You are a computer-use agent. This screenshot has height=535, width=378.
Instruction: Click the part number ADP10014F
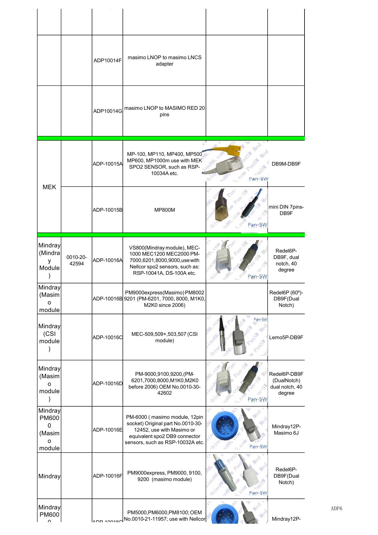point(107,60)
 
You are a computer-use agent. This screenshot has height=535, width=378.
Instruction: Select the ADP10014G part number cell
point(107,111)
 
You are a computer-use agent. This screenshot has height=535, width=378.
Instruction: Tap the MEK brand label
point(49,187)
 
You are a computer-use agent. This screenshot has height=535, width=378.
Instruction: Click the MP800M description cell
point(164,210)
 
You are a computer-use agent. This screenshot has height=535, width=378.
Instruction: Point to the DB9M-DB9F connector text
point(286,164)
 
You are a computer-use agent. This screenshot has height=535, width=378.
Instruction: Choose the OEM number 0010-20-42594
point(77,260)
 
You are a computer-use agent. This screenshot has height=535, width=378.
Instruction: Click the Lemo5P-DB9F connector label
point(286,337)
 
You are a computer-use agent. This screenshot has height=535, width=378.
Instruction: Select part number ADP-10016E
point(107,430)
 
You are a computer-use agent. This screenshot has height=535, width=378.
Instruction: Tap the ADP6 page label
point(336,508)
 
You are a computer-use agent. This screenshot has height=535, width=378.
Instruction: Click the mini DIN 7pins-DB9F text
point(286,210)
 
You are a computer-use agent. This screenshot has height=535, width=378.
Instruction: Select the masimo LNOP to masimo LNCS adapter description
point(164,60)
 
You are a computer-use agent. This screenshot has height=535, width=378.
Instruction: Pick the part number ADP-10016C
point(107,337)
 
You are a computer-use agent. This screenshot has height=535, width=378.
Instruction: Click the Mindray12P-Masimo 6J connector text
point(286,429)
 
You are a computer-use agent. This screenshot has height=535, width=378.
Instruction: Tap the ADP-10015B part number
point(107,210)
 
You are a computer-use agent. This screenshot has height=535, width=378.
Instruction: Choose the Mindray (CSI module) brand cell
point(49,337)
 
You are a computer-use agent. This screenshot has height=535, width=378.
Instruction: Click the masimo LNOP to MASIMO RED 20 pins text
point(164,111)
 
